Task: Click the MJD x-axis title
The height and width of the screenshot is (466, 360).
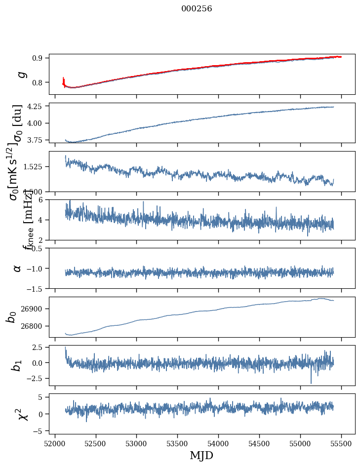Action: point(201,455)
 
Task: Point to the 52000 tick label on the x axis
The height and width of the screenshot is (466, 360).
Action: point(55,443)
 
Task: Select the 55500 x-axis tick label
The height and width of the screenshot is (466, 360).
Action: point(342,443)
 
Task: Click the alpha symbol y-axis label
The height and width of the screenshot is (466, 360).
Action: point(17,268)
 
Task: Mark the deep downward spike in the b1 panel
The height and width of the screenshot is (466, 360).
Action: point(311,382)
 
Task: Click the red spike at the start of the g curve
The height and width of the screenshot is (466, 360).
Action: point(64,80)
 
